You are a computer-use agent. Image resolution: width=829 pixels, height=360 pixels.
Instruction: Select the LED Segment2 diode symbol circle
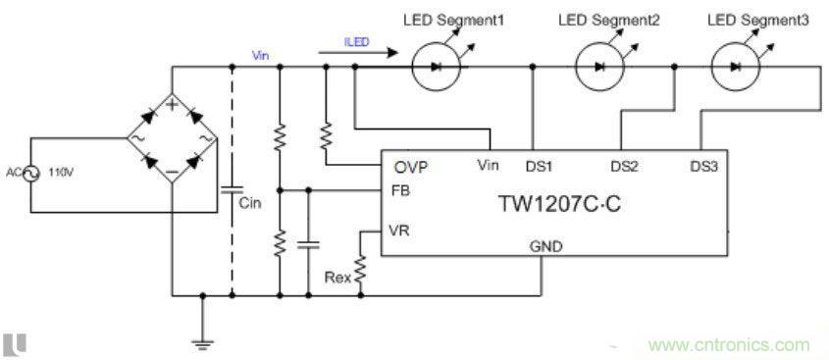(596, 68)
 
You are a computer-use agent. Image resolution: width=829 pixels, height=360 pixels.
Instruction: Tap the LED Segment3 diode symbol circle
(737, 68)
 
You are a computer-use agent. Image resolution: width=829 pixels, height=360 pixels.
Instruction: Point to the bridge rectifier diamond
(172, 139)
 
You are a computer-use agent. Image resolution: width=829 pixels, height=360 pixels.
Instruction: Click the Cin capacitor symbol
(233, 188)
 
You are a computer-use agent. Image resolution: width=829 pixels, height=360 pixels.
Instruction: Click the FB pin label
(399, 189)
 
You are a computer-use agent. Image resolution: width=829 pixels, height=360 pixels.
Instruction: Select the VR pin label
(399, 231)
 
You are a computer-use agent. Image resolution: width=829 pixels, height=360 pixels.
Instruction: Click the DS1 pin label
(539, 166)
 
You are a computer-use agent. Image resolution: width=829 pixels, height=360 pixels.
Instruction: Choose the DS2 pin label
(624, 166)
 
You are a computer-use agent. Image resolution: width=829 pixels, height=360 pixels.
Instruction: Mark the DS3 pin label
(703, 166)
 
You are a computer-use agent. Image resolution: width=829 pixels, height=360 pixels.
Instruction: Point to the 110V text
(64, 174)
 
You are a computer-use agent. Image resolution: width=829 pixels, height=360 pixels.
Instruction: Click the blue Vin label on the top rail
(261, 55)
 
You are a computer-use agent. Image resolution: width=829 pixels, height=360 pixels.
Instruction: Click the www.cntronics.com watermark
(728, 344)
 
